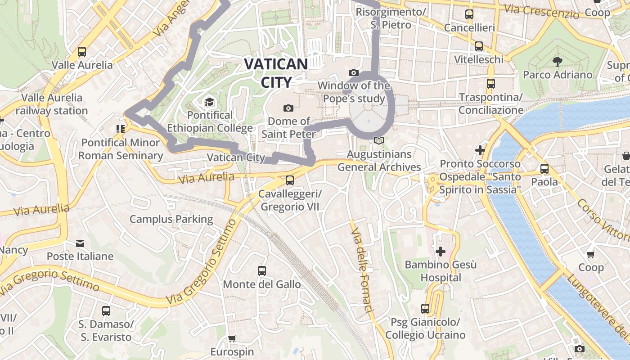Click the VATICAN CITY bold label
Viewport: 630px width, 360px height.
(x=276, y=72)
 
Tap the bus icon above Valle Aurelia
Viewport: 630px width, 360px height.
(x=81, y=52)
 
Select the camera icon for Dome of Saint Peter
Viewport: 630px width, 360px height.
(x=288, y=108)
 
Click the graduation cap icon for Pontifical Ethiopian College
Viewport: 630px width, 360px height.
(x=209, y=102)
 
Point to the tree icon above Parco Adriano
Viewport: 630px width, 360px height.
(x=558, y=61)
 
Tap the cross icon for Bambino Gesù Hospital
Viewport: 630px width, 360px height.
(x=441, y=251)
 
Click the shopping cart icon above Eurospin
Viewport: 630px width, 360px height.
(x=232, y=338)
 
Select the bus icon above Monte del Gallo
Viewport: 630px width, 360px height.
(x=262, y=271)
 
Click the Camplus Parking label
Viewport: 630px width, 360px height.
(x=171, y=219)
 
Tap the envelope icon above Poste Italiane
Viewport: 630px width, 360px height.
(x=80, y=243)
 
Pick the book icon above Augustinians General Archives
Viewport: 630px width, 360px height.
(x=379, y=141)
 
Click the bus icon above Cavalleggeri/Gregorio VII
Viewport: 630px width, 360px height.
(x=290, y=180)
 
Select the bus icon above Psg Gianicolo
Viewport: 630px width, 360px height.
(x=425, y=309)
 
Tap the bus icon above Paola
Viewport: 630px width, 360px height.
(x=544, y=169)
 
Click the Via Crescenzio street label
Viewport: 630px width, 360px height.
(x=541, y=11)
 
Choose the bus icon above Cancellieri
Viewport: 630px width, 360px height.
(x=469, y=14)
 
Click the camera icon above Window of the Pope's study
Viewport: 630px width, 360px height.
(x=354, y=72)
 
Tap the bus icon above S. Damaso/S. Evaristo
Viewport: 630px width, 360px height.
(x=106, y=310)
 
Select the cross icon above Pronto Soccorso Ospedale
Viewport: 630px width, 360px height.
(x=480, y=150)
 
